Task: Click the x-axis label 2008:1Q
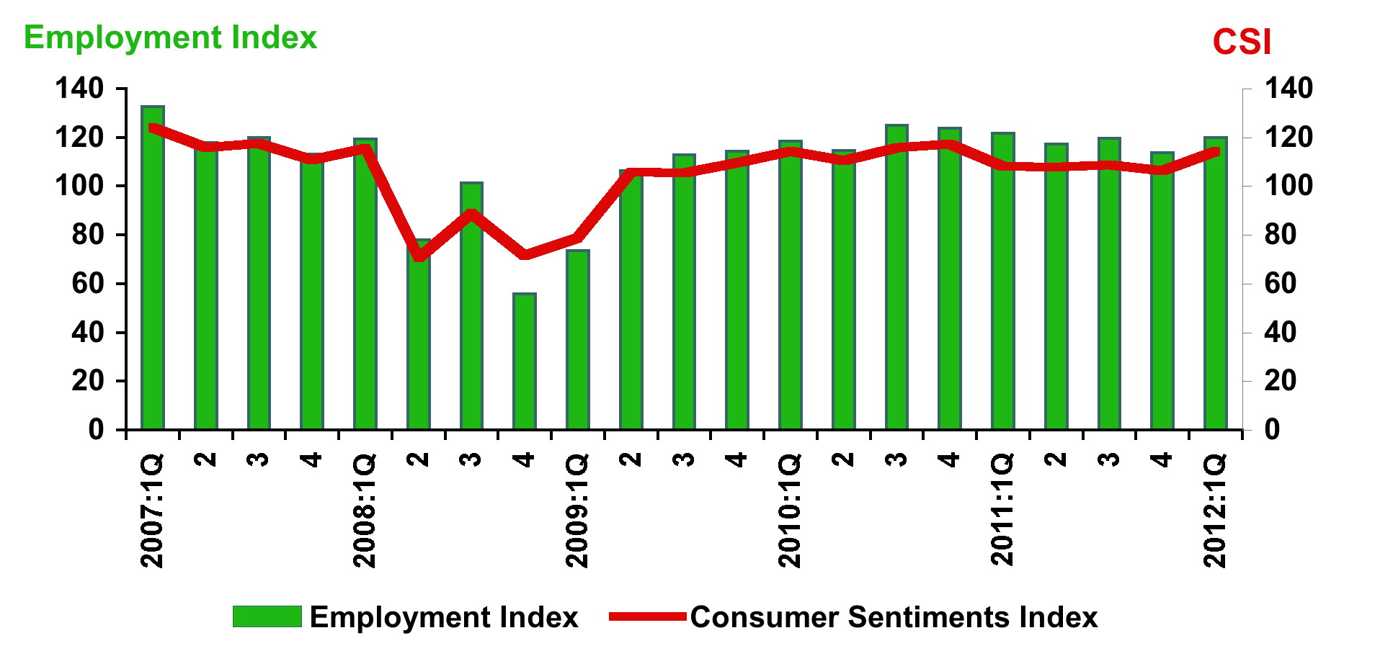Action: click(365, 510)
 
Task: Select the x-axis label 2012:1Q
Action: click(1215, 510)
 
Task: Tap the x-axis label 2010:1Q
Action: click(790, 510)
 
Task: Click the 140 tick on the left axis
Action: click(79, 89)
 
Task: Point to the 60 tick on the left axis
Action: click(87, 284)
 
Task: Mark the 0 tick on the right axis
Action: click(1273, 429)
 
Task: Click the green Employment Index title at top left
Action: click(170, 37)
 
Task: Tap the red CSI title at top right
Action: click(1242, 42)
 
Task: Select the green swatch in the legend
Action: click(267, 617)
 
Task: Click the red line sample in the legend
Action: click(647, 616)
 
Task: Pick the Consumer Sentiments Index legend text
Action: click(894, 618)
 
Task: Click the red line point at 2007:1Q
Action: click(153, 128)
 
